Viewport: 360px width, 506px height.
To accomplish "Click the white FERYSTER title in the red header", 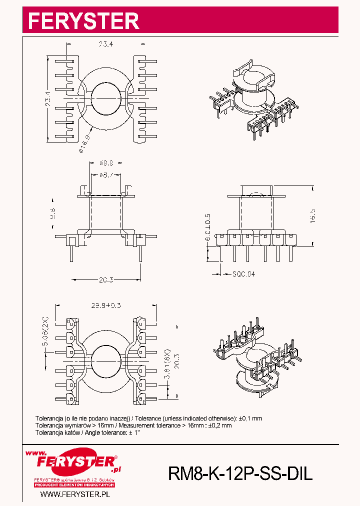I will pyautogui.click(x=83, y=21).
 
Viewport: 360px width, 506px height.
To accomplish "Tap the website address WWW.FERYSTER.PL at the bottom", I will pyautogui.click(x=74, y=494).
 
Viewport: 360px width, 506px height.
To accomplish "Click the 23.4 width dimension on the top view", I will pyautogui.click(x=105, y=44).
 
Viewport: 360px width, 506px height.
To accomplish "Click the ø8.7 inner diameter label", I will pyautogui.click(x=105, y=175).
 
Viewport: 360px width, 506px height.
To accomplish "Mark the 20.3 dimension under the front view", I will pyautogui.click(x=105, y=280).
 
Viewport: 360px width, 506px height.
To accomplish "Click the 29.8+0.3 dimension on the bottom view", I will pyautogui.click(x=106, y=305).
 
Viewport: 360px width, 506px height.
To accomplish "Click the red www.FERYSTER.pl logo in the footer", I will pyautogui.click(x=74, y=462).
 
